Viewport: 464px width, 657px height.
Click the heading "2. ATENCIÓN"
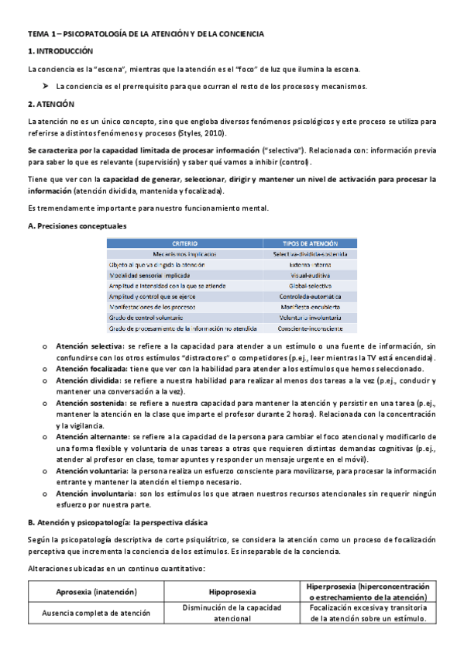tap(50, 104)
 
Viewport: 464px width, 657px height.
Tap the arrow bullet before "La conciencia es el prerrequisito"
tap(46, 87)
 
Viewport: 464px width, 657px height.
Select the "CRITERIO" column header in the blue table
tap(184, 243)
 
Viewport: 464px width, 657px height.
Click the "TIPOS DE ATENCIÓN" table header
tap(311, 243)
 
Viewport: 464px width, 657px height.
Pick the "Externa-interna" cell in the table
tap(311, 264)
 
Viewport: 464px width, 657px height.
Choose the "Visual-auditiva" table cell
tap(311, 275)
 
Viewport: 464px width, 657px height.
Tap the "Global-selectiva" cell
tap(311, 286)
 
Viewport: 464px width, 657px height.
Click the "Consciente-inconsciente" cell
tap(311, 328)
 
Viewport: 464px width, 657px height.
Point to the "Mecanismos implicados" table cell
tap(184, 253)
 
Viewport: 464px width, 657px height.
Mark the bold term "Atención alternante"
tap(89, 437)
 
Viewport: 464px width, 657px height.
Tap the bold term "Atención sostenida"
tap(87, 404)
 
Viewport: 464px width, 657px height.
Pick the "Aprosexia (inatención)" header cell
tap(97, 592)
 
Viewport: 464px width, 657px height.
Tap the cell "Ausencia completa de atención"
tap(97, 613)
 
